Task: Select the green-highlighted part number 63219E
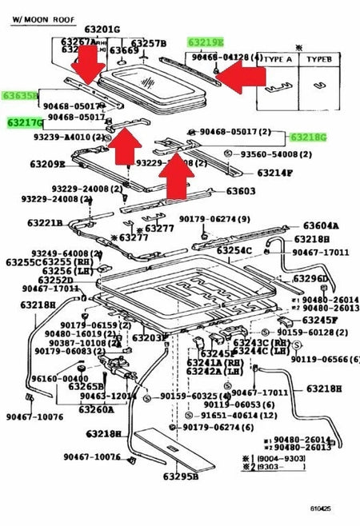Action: pos(206,41)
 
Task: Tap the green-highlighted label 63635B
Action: pos(19,95)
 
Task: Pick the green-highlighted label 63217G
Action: pos(25,122)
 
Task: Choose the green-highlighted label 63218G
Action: pos(309,137)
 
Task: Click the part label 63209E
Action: pos(48,164)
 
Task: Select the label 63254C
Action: pos(234,250)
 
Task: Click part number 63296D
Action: pos(310,278)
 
